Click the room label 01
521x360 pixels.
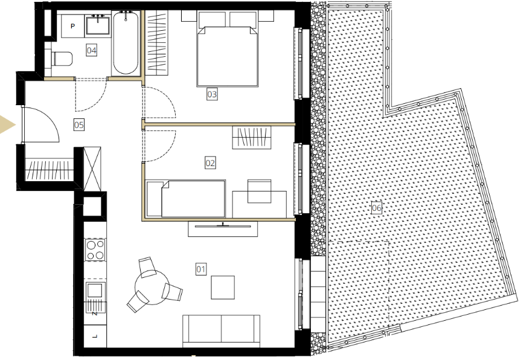(x=201, y=269)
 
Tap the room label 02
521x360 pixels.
(x=210, y=163)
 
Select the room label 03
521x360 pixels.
(x=212, y=94)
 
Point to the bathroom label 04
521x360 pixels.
(x=92, y=50)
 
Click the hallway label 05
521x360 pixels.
(x=78, y=125)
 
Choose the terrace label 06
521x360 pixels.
(x=377, y=208)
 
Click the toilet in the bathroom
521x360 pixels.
(x=62, y=59)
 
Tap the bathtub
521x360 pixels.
(x=125, y=42)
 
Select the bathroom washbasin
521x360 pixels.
(x=98, y=25)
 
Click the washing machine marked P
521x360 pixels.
(x=73, y=26)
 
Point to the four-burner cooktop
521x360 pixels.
(x=95, y=249)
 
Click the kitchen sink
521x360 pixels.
(x=96, y=292)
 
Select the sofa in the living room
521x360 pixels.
(x=222, y=331)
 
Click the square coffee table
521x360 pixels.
(x=223, y=287)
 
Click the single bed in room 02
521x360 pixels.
(x=186, y=199)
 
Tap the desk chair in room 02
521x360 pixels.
(x=259, y=191)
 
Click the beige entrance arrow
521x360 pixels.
(x=7, y=125)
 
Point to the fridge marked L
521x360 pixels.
(x=95, y=336)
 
